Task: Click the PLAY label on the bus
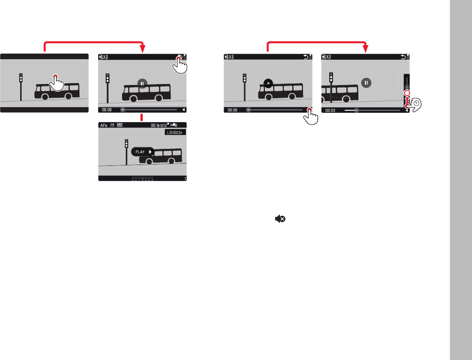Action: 140,152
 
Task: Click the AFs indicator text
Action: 104,125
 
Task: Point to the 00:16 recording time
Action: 156,125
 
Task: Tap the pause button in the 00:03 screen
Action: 367,83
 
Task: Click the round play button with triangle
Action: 268,83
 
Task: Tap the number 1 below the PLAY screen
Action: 185,179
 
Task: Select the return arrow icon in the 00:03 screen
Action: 402,57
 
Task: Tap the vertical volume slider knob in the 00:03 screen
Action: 407,92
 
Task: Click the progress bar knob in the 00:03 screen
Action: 356,110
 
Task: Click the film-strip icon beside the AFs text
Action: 120,125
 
